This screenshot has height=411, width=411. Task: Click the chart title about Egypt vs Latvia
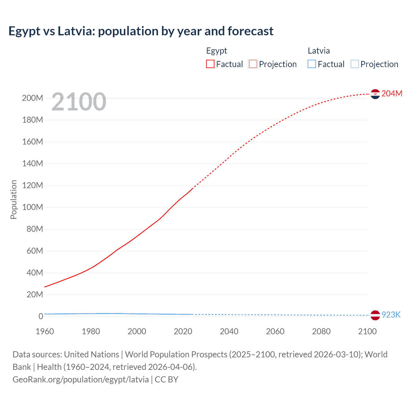click(141, 31)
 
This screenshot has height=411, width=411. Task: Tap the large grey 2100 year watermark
click(79, 102)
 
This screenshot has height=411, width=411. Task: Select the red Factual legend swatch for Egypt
click(210, 64)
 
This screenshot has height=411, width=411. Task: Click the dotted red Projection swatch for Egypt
click(253, 64)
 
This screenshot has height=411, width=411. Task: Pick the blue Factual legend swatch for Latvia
click(312, 64)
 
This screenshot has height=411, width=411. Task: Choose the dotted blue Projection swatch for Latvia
click(355, 64)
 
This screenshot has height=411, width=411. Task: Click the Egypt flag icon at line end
click(375, 94)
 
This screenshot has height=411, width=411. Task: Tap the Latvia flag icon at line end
click(375, 315)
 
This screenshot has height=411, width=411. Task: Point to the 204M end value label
click(392, 93)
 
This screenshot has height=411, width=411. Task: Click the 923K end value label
click(391, 315)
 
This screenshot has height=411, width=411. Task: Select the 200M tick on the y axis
click(32, 98)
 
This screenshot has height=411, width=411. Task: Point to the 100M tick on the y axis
click(32, 207)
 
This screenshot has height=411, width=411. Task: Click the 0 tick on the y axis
click(40, 316)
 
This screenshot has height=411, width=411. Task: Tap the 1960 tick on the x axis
click(45, 331)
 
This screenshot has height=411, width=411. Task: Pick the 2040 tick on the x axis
click(229, 331)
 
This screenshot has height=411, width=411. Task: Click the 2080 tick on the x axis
click(321, 331)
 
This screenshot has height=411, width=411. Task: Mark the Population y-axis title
click(13, 199)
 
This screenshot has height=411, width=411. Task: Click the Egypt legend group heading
click(216, 51)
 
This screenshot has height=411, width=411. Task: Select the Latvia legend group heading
click(319, 51)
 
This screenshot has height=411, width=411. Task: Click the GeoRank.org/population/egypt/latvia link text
click(81, 380)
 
